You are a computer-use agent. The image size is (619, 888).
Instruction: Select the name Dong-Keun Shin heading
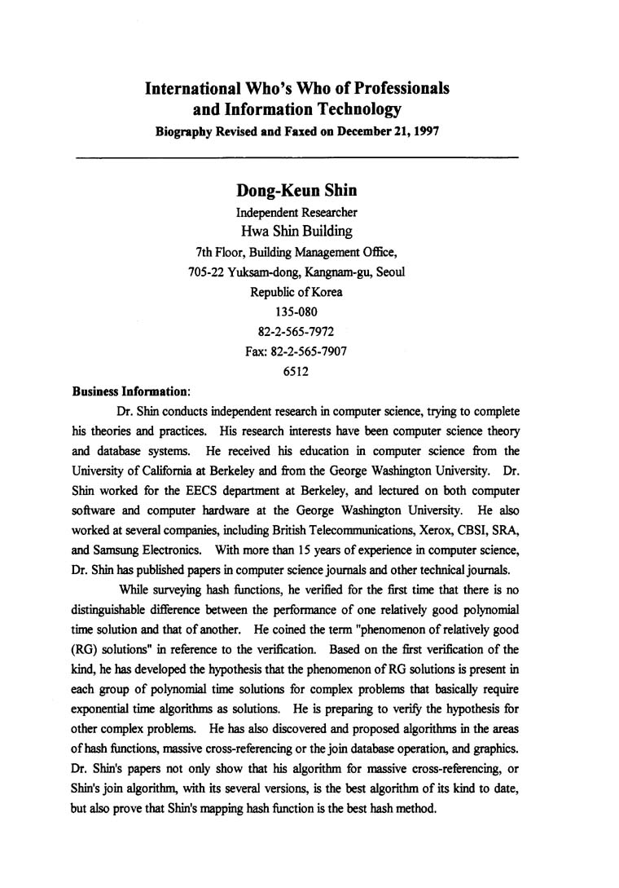click(x=296, y=191)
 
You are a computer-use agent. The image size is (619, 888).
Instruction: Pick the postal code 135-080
click(x=296, y=311)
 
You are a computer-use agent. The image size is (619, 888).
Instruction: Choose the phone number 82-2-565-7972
click(x=296, y=331)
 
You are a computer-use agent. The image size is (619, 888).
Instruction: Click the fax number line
click(x=296, y=351)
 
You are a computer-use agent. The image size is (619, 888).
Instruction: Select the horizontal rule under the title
click(x=296, y=155)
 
